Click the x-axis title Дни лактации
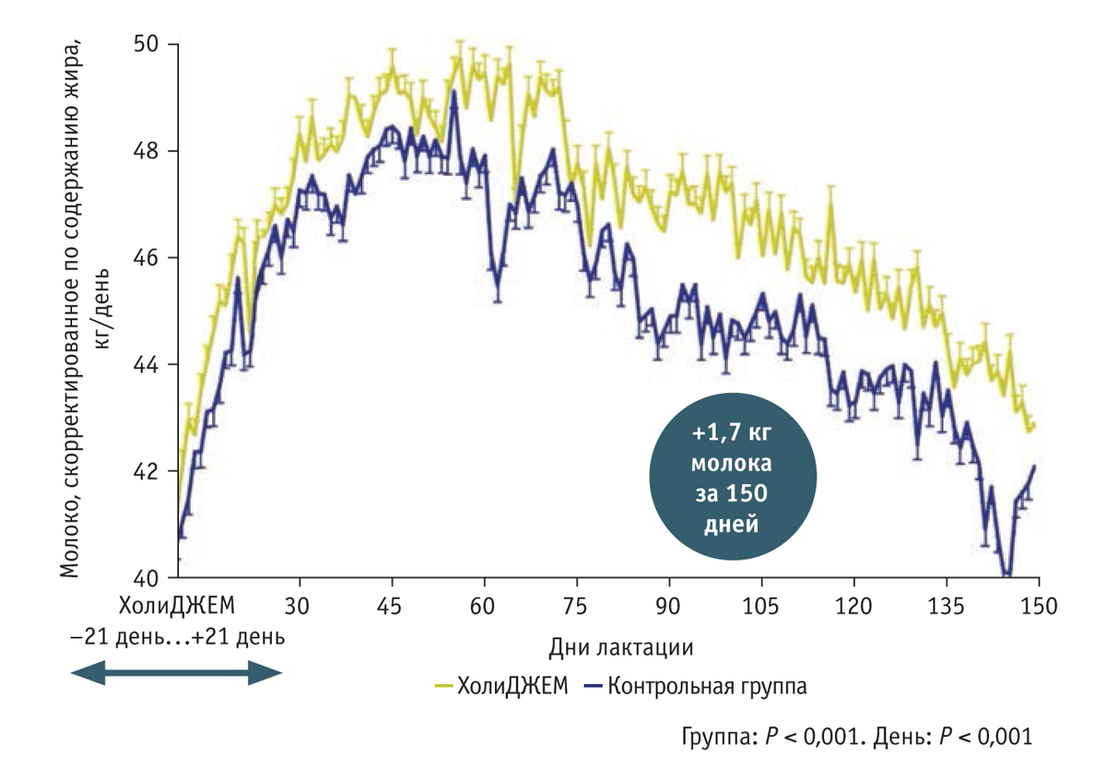click(x=620, y=646)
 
